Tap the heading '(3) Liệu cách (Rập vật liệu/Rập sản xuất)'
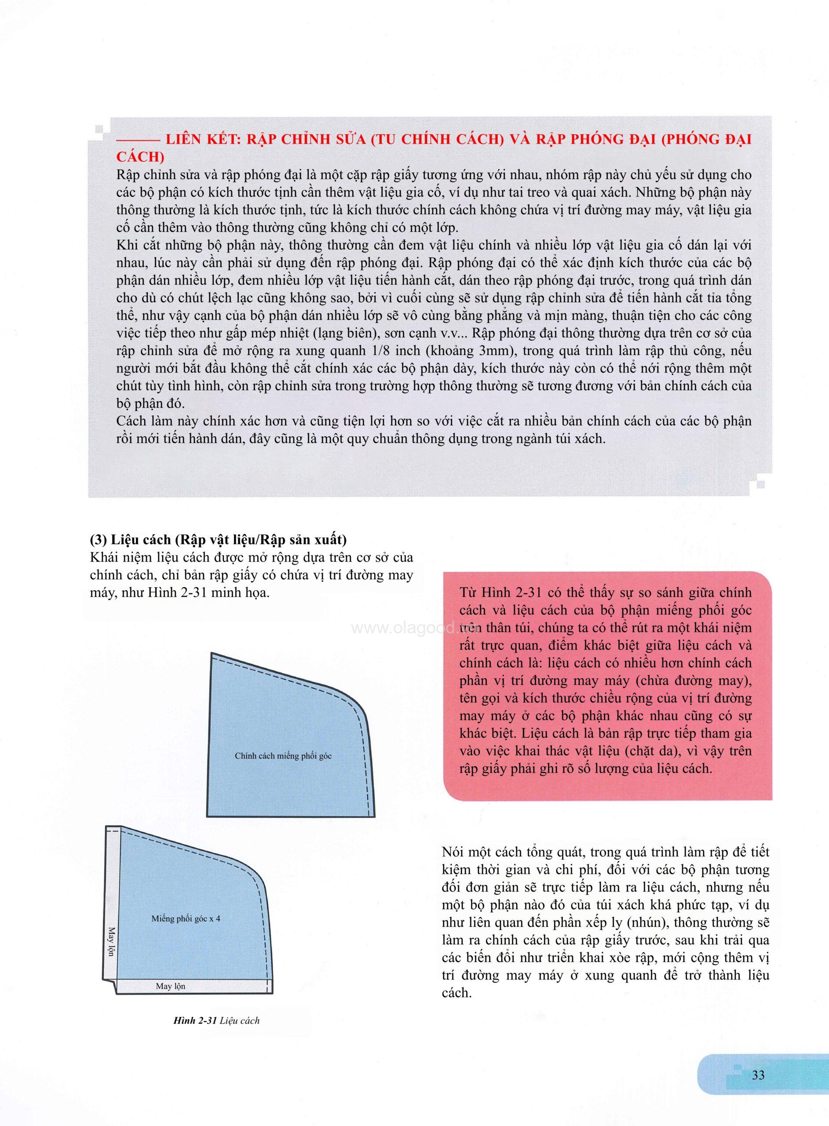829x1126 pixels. click(218, 541)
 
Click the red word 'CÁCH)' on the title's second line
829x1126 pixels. click(140, 157)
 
